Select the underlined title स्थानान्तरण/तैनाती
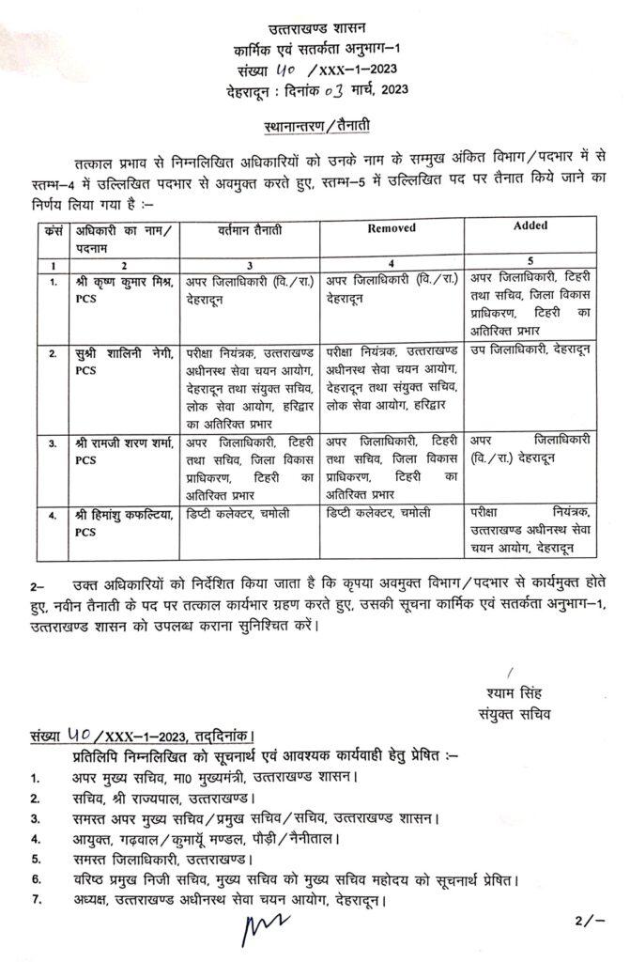pyautogui.click(x=315, y=125)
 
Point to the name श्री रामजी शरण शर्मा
pyautogui.click(x=126, y=441)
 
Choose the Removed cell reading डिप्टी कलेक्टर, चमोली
pyautogui.click(x=387, y=514)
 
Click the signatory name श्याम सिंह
pyautogui.click(x=511, y=696)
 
